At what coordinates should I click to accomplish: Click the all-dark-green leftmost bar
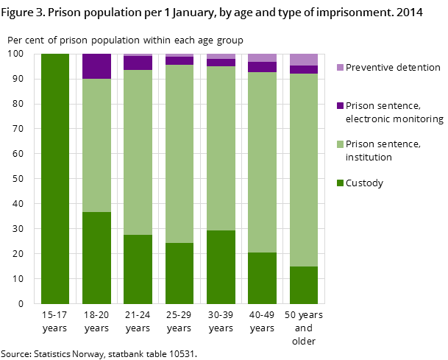click(x=55, y=178)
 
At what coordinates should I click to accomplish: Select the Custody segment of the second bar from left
click(x=96, y=258)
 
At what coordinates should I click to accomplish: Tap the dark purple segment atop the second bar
click(x=96, y=66)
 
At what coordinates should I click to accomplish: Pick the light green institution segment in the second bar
click(x=96, y=145)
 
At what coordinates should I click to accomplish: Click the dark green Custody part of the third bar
click(x=138, y=269)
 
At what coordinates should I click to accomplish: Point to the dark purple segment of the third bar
click(x=138, y=63)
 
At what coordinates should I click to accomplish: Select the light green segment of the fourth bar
click(x=179, y=154)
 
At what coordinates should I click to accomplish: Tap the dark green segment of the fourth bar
click(x=179, y=273)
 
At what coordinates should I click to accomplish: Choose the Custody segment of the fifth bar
click(x=221, y=267)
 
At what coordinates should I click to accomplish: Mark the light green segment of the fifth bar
click(x=221, y=148)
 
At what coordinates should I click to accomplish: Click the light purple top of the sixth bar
click(x=262, y=57)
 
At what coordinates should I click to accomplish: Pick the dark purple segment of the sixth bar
click(x=262, y=67)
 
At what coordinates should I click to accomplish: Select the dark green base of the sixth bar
click(x=262, y=278)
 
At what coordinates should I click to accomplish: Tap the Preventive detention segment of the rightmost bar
click(x=303, y=60)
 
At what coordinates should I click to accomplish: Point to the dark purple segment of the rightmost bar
click(x=303, y=69)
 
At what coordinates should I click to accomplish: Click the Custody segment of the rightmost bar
click(x=303, y=285)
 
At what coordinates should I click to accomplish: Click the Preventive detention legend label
click(x=393, y=68)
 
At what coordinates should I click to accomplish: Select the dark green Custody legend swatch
click(x=340, y=183)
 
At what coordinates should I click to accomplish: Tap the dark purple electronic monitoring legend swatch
click(x=340, y=106)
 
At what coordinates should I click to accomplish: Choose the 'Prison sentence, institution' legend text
click(x=383, y=150)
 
